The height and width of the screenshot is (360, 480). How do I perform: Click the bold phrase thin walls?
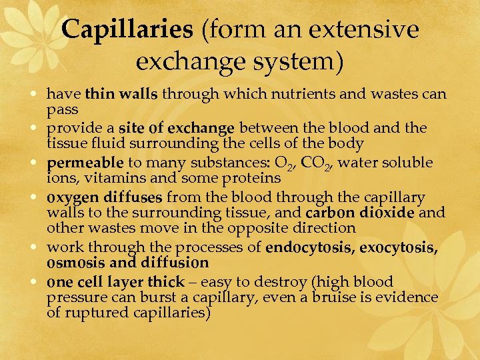121,94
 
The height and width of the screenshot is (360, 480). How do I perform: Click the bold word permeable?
85,163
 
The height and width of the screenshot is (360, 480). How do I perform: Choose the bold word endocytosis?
309,248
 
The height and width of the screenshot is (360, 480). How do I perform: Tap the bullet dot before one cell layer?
39,282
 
